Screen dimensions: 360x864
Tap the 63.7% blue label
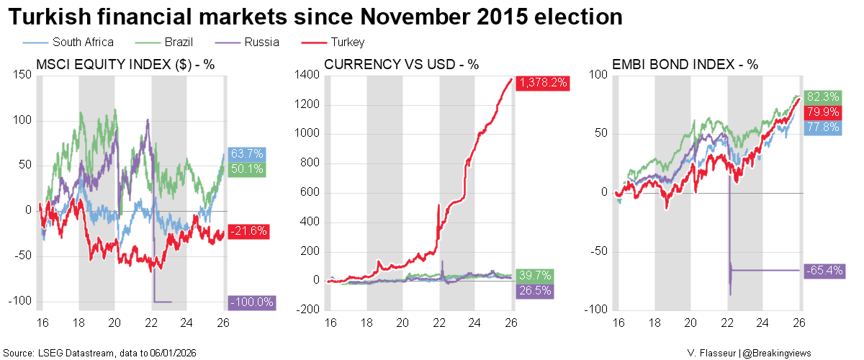248,154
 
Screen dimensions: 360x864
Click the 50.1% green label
248,169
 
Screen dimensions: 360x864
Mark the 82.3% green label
823,96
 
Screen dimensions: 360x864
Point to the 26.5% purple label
534,290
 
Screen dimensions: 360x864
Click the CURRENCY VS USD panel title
402,64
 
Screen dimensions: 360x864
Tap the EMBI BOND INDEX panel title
685,64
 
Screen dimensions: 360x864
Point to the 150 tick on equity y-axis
24,75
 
